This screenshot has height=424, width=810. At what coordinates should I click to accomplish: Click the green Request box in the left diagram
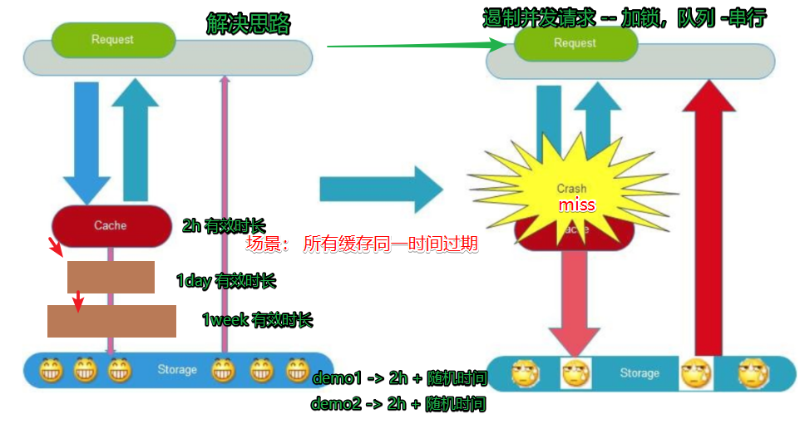pyautogui.click(x=113, y=39)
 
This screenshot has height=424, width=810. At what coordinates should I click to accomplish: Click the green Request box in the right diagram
pyautogui.click(x=575, y=43)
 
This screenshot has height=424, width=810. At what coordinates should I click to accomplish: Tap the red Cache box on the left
pyautogui.click(x=111, y=225)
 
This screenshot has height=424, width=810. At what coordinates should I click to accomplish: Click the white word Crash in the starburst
pyautogui.click(x=572, y=188)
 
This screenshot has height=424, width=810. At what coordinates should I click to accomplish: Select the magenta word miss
pyautogui.click(x=576, y=205)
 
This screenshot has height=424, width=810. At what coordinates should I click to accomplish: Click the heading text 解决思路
pyautogui.click(x=248, y=23)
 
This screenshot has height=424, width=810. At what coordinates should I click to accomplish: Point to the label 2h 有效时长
pyautogui.click(x=224, y=224)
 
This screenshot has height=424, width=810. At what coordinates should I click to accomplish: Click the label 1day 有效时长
pyautogui.click(x=225, y=281)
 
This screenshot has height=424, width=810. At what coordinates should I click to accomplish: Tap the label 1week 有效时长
pyautogui.click(x=257, y=319)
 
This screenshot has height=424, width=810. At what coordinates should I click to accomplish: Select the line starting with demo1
pyautogui.click(x=398, y=379)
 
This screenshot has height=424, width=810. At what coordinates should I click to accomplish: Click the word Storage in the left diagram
pyautogui.click(x=177, y=369)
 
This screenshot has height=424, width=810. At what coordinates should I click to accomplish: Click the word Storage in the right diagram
pyautogui.click(x=640, y=373)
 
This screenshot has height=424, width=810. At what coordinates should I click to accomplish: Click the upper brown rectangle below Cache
pyautogui.click(x=111, y=277)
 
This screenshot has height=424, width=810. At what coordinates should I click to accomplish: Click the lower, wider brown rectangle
pyautogui.click(x=111, y=321)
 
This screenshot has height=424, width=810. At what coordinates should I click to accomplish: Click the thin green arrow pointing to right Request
pyautogui.click(x=416, y=46)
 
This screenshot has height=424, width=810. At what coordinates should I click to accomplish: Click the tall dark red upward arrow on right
pyautogui.click(x=709, y=216)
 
